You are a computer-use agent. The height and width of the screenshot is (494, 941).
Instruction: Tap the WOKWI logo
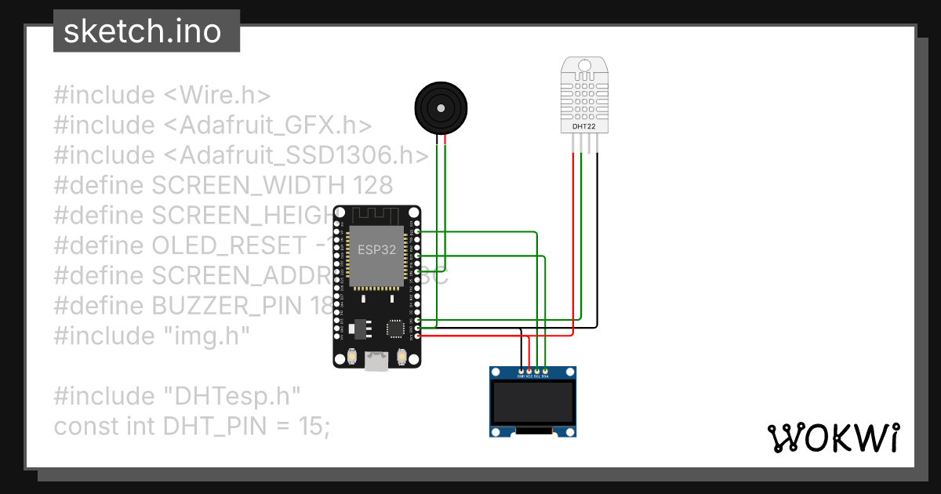tap(833, 438)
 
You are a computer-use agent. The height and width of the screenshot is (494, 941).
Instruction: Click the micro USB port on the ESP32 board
tap(378, 360)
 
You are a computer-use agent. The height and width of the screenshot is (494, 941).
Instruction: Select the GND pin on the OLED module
tap(521, 370)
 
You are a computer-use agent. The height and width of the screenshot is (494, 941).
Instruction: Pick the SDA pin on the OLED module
tap(545, 370)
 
